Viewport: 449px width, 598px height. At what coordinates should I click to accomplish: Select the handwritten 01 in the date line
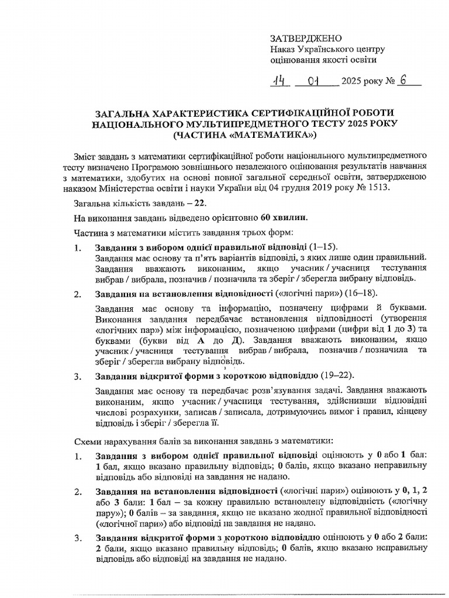[316, 81]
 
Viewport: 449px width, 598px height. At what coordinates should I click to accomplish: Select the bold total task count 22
[200, 203]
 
